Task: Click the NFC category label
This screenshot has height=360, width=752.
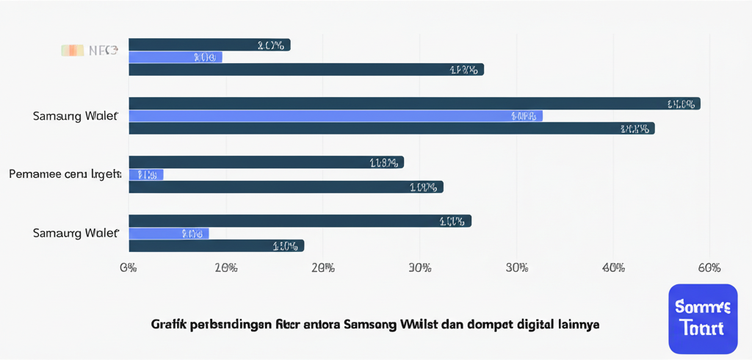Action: click(103, 51)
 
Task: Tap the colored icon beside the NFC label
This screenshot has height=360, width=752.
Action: click(72, 51)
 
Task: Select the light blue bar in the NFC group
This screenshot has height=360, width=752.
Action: click(175, 57)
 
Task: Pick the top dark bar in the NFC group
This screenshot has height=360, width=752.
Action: click(209, 45)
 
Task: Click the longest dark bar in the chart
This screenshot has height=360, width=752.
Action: click(414, 104)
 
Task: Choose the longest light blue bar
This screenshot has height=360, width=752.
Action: click(335, 116)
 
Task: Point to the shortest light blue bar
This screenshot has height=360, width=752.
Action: click(145, 175)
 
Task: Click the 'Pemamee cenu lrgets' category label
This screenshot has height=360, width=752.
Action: click(65, 175)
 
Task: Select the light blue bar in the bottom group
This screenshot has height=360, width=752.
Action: click(168, 234)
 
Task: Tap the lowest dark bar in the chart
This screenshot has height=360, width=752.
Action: click(216, 246)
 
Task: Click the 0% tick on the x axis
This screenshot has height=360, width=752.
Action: click(129, 267)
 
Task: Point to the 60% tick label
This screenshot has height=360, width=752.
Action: click(709, 267)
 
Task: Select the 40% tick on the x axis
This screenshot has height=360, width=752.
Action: click(613, 267)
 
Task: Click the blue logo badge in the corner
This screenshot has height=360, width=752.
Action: click(703, 318)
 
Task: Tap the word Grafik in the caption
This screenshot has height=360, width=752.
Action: click(166, 324)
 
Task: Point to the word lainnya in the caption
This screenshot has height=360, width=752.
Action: click(580, 324)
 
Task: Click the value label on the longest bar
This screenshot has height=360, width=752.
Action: click(681, 104)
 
